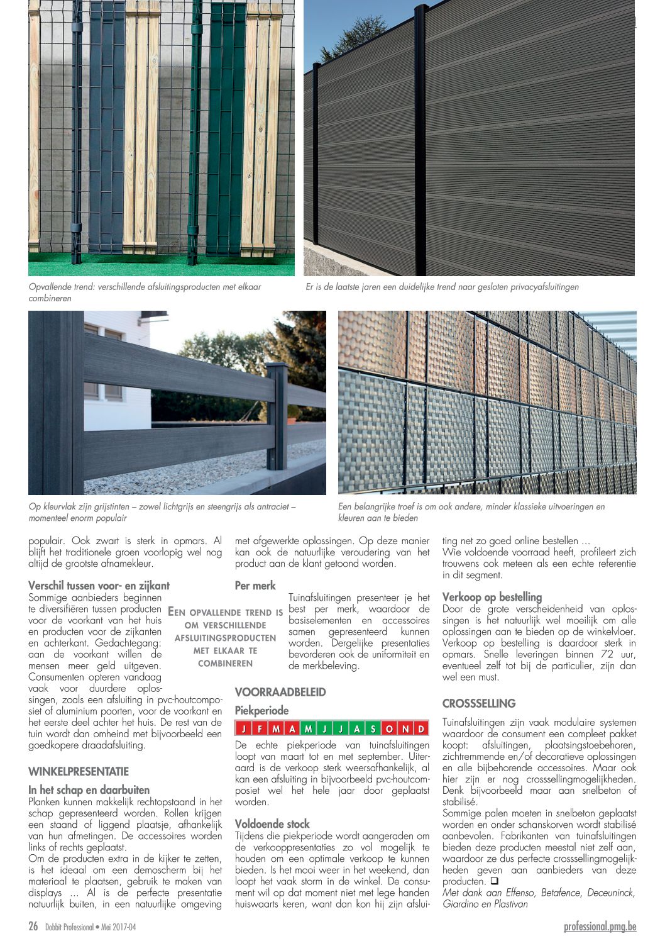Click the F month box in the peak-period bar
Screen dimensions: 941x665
click(x=259, y=729)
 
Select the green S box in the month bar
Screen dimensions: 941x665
click(x=373, y=729)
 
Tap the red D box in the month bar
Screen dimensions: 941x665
click(x=421, y=729)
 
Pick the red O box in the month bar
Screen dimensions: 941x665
click(x=389, y=729)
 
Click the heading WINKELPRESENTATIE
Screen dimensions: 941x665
click(x=79, y=771)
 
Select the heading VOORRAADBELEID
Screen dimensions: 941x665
click(x=280, y=692)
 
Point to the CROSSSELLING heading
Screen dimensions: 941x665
click(x=479, y=703)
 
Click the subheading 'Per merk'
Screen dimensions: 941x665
click(x=255, y=586)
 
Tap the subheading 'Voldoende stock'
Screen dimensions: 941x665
click(x=272, y=823)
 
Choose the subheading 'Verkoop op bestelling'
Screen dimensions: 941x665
click(x=492, y=597)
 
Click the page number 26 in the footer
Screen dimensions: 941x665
click(x=33, y=926)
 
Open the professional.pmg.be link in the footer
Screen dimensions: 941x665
click(x=600, y=926)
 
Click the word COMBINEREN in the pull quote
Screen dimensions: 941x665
click(x=225, y=663)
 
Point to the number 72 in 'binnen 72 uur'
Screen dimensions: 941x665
click(x=607, y=654)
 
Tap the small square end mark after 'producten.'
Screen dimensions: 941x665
click(x=494, y=881)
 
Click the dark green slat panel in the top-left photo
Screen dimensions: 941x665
click(x=225, y=126)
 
